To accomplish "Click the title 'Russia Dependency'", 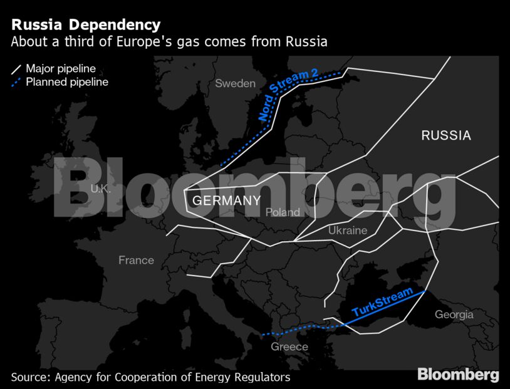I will click(86, 26).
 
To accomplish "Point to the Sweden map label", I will click(235, 83).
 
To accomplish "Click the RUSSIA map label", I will click(445, 135).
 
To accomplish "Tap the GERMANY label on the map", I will click(226, 200).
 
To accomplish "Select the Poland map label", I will click(283, 212).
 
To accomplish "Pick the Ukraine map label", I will click(348, 231).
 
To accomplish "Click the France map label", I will click(136, 260).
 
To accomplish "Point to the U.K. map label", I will click(100, 189).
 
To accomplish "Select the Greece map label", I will click(289, 346).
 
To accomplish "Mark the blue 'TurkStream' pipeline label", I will click(382, 302).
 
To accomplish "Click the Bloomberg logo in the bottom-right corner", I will click(458, 375).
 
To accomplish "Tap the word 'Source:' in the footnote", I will click(30, 377).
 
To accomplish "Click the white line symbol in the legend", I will click(16, 68).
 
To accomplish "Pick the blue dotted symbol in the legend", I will click(16, 82).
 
